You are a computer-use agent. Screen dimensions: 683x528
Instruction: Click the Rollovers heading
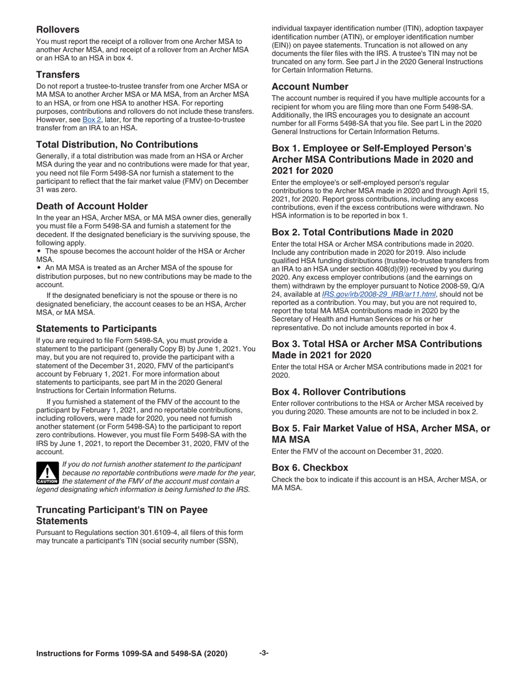[58, 29]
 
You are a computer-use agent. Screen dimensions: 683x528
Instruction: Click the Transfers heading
[58, 74]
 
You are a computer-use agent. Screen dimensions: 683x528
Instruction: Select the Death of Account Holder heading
[92, 206]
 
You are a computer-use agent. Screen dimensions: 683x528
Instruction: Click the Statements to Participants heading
[96, 328]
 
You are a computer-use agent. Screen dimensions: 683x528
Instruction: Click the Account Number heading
[310, 87]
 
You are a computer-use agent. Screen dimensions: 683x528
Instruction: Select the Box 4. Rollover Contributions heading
[338, 391]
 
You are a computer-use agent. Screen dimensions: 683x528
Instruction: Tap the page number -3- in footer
[264, 653]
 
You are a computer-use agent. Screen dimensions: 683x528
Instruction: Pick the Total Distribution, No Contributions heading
[117, 144]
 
